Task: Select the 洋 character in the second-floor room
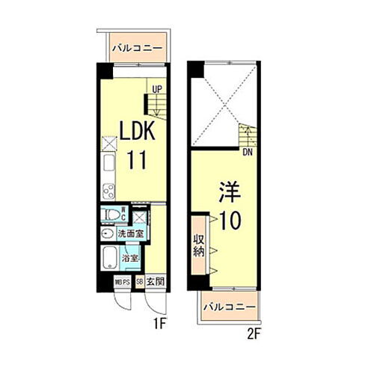tap(228, 191)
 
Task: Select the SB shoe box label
tap(140, 282)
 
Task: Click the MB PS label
tap(123, 282)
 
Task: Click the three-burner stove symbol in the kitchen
tap(108, 189)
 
